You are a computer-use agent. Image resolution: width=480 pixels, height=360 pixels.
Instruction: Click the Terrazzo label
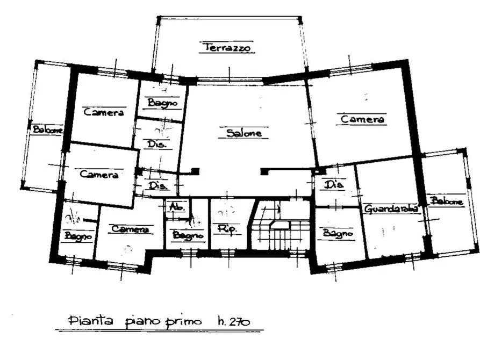(x=227, y=48)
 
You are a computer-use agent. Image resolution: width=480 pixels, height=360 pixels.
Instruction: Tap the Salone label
(x=243, y=133)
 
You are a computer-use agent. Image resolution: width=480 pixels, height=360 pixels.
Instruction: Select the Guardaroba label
(x=391, y=209)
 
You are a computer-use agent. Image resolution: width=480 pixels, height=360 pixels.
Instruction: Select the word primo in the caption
(x=184, y=321)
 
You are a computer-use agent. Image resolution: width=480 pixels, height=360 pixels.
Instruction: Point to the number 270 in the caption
(x=240, y=321)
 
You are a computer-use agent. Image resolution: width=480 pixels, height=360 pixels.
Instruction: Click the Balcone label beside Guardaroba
(x=446, y=201)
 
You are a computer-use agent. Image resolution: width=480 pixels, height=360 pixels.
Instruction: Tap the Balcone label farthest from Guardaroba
(x=47, y=129)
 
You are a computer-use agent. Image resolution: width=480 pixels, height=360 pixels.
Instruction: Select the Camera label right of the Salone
(x=363, y=119)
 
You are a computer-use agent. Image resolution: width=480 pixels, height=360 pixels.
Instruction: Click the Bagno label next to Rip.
(x=188, y=235)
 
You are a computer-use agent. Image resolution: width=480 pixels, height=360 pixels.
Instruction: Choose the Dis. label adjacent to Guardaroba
(x=334, y=184)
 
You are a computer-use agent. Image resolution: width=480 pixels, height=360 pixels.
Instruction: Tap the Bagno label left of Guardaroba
(x=338, y=234)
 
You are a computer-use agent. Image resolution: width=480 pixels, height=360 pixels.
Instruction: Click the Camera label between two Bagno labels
(x=129, y=229)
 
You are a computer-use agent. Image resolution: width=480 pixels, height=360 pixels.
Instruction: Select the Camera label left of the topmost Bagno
(x=104, y=112)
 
